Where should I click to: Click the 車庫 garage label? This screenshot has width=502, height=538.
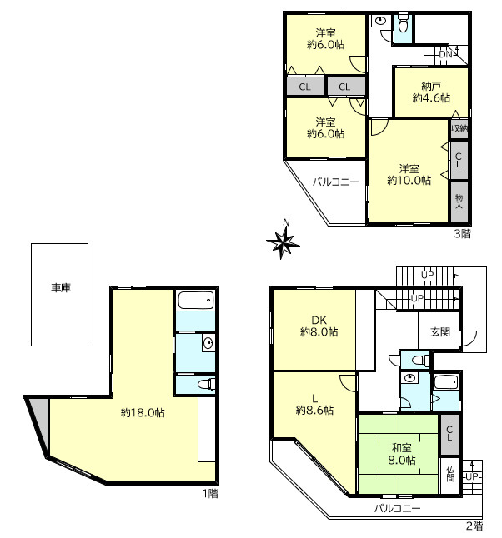(x=61, y=287)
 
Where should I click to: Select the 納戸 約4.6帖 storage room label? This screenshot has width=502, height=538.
(x=431, y=92)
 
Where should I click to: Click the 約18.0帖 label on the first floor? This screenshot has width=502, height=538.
(x=143, y=412)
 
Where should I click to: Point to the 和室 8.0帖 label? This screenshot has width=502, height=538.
(x=402, y=454)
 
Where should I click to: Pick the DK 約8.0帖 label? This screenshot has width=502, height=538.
(x=319, y=326)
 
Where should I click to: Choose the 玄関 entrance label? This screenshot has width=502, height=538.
(x=440, y=331)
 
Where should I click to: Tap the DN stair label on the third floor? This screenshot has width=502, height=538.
(x=445, y=54)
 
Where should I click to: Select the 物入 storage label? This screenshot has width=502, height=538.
(x=459, y=202)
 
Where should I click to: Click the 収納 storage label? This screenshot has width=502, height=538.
(x=459, y=128)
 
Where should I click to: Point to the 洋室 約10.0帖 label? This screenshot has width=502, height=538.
(x=409, y=175)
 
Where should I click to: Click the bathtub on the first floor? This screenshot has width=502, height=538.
(x=195, y=301)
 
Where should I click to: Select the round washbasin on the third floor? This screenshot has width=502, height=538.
(x=380, y=21)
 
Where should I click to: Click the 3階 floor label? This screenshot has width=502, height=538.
(x=463, y=234)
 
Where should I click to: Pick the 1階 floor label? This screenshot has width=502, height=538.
(x=210, y=493)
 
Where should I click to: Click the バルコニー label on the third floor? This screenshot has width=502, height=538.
(x=336, y=182)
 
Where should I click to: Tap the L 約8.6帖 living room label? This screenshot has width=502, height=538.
(x=314, y=405)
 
